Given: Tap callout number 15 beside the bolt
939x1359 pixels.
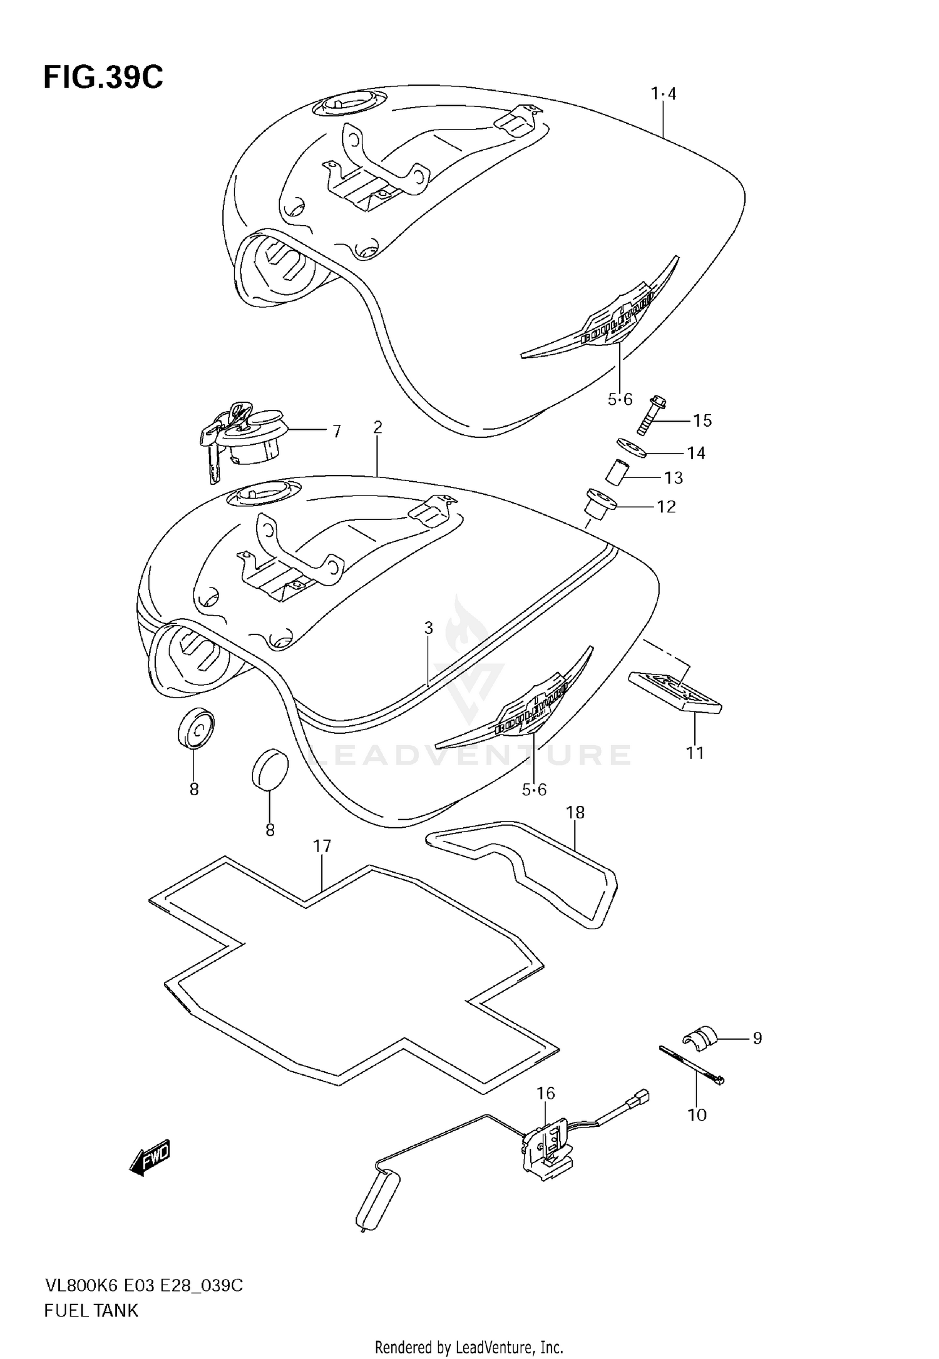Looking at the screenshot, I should pos(702,420).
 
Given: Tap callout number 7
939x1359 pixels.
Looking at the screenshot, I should pos(337,431).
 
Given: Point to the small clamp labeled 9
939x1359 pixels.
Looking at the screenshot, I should pos(697,1037).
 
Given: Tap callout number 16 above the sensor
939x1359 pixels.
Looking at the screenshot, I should pos(545,1093).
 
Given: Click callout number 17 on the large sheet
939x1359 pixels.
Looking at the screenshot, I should pos(322,847).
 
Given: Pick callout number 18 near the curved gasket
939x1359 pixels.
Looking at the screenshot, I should pos(575,813).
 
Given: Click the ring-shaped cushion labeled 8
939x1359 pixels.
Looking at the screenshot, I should pos(195,729).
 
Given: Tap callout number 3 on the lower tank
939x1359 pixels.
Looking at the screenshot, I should pos(429,628).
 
